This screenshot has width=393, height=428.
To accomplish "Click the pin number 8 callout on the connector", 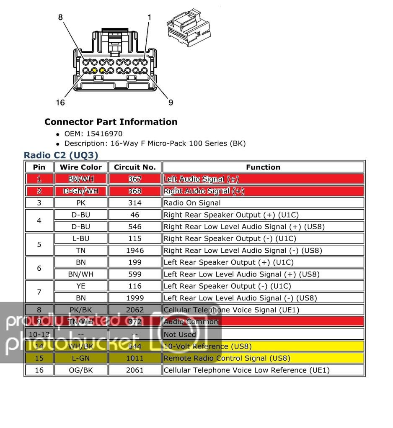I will pyautogui.click(x=60, y=18).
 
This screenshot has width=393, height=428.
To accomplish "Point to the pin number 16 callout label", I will pyautogui.click(x=60, y=103).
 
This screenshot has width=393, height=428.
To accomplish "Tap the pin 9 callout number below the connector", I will pyautogui.click(x=171, y=103).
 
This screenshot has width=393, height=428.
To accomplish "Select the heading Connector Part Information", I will pyautogui.click(x=111, y=122).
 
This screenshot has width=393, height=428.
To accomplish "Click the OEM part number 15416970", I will pyautogui.click(x=104, y=134).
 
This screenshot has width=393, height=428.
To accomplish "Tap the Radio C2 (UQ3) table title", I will pyautogui.click(x=61, y=155).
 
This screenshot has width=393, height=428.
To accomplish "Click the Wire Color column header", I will pyautogui.click(x=81, y=167).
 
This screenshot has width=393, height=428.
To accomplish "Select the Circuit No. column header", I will pyautogui.click(x=134, y=167).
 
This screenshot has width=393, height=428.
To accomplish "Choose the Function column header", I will pyautogui.click(x=263, y=167).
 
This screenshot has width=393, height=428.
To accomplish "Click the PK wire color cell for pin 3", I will pyautogui.click(x=81, y=203).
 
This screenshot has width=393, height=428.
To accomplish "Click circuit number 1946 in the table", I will pyautogui.click(x=134, y=251).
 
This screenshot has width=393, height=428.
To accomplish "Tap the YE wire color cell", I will pyautogui.click(x=81, y=286).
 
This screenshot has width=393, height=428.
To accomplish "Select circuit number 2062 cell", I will pyautogui.click(x=134, y=310).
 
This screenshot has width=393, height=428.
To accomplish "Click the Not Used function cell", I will pyautogui.click(x=180, y=334).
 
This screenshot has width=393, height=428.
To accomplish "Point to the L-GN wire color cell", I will pyautogui.click(x=81, y=358).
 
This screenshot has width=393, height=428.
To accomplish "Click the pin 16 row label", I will pyautogui.click(x=39, y=370).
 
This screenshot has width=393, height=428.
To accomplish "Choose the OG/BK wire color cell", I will pyautogui.click(x=81, y=370).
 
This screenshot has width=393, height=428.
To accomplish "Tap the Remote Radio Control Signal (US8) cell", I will pyautogui.click(x=227, y=358).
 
